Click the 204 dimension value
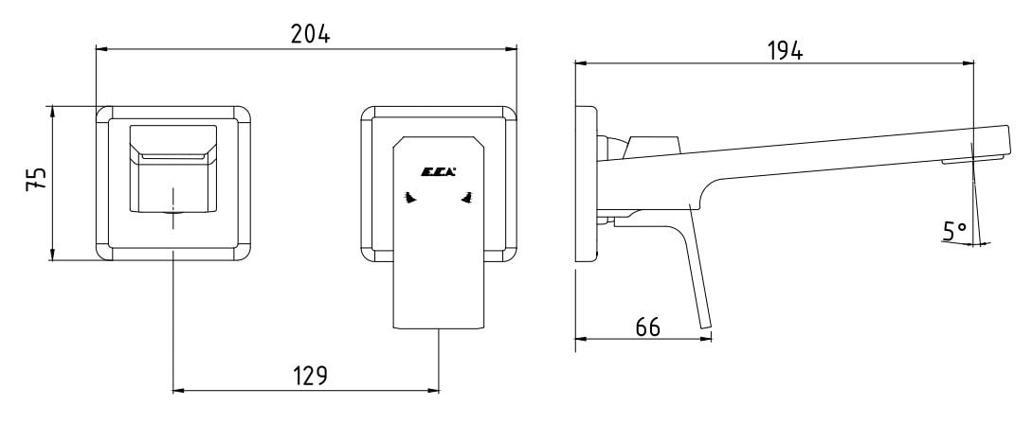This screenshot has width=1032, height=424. tap(310, 33)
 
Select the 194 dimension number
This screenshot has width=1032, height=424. tap(786, 50)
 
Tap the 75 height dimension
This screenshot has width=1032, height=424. tap(36, 178)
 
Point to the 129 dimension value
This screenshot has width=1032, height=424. tap(309, 376)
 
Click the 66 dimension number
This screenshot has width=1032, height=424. tap(647, 327)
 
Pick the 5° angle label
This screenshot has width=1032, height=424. tap(955, 231)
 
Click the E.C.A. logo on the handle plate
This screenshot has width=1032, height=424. tap(439, 172)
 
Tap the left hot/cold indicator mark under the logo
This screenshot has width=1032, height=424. tap(410, 197)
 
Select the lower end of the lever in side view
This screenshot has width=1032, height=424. tap(706, 326)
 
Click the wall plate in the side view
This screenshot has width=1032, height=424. tap(587, 184)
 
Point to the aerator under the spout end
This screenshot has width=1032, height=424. tap(971, 159)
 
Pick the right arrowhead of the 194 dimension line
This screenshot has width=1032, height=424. tap(968, 63)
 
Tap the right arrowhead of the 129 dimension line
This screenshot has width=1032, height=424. tap(433, 391)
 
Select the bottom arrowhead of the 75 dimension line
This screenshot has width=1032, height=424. tap(52, 255)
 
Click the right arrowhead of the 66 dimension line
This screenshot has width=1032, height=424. tap(706, 339)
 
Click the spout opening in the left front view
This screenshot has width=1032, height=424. tap(173, 157)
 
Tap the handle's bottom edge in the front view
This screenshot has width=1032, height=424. tap(439, 328)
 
